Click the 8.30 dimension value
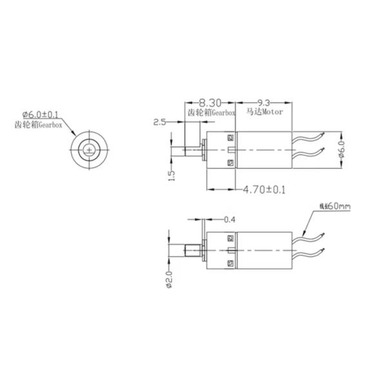(x=210, y=103)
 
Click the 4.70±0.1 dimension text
(x=264, y=190)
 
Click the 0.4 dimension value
(x=229, y=220)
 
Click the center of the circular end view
(x=88, y=150)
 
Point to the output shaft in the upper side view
(x=191, y=151)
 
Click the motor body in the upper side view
(x=264, y=151)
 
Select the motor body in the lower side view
(x=264, y=250)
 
